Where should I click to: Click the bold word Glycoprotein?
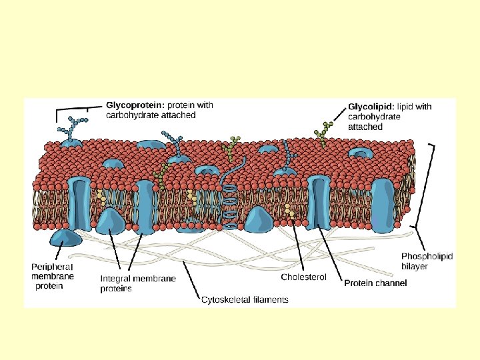pyautogui.click(x=135, y=105)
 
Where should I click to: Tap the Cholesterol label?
pyautogui.click(x=304, y=277)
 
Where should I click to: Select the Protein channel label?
pyautogui.click(x=375, y=283)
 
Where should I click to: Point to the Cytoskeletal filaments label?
pyautogui.click(x=245, y=300)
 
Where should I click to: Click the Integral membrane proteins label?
pyautogui.click(x=138, y=284)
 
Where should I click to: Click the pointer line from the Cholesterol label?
pyautogui.click(x=299, y=244)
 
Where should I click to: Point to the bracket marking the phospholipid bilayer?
pyautogui.click(x=435, y=187)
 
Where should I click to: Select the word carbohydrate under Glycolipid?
pyautogui.click(x=374, y=117)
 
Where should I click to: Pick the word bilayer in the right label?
pyautogui.click(x=415, y=266)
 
